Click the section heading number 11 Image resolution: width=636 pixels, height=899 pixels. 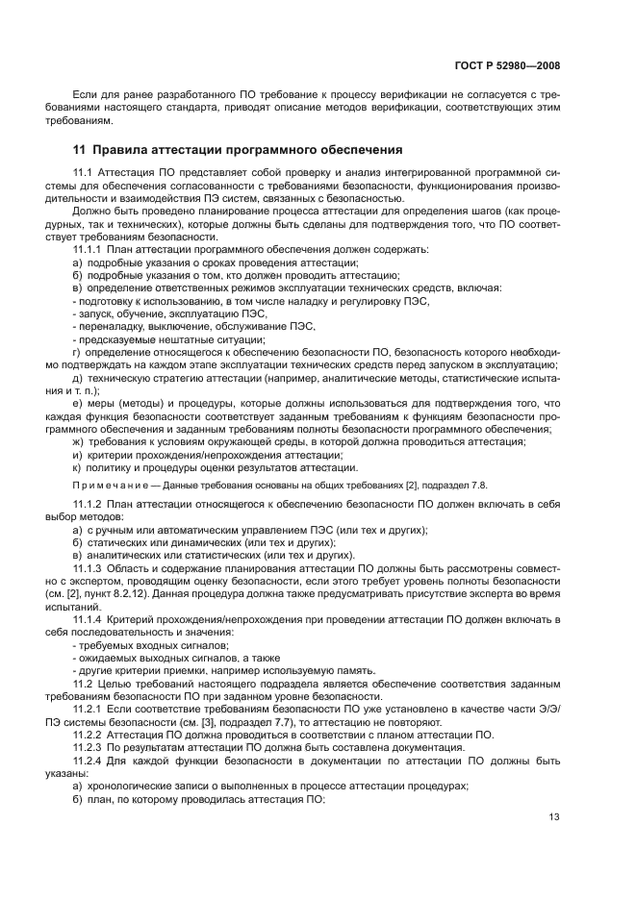coord(81,150)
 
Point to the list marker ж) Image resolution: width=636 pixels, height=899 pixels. coord(78,441)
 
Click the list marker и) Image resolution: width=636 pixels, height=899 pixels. coord(77,454)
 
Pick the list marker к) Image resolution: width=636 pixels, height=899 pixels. coord(77,467)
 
